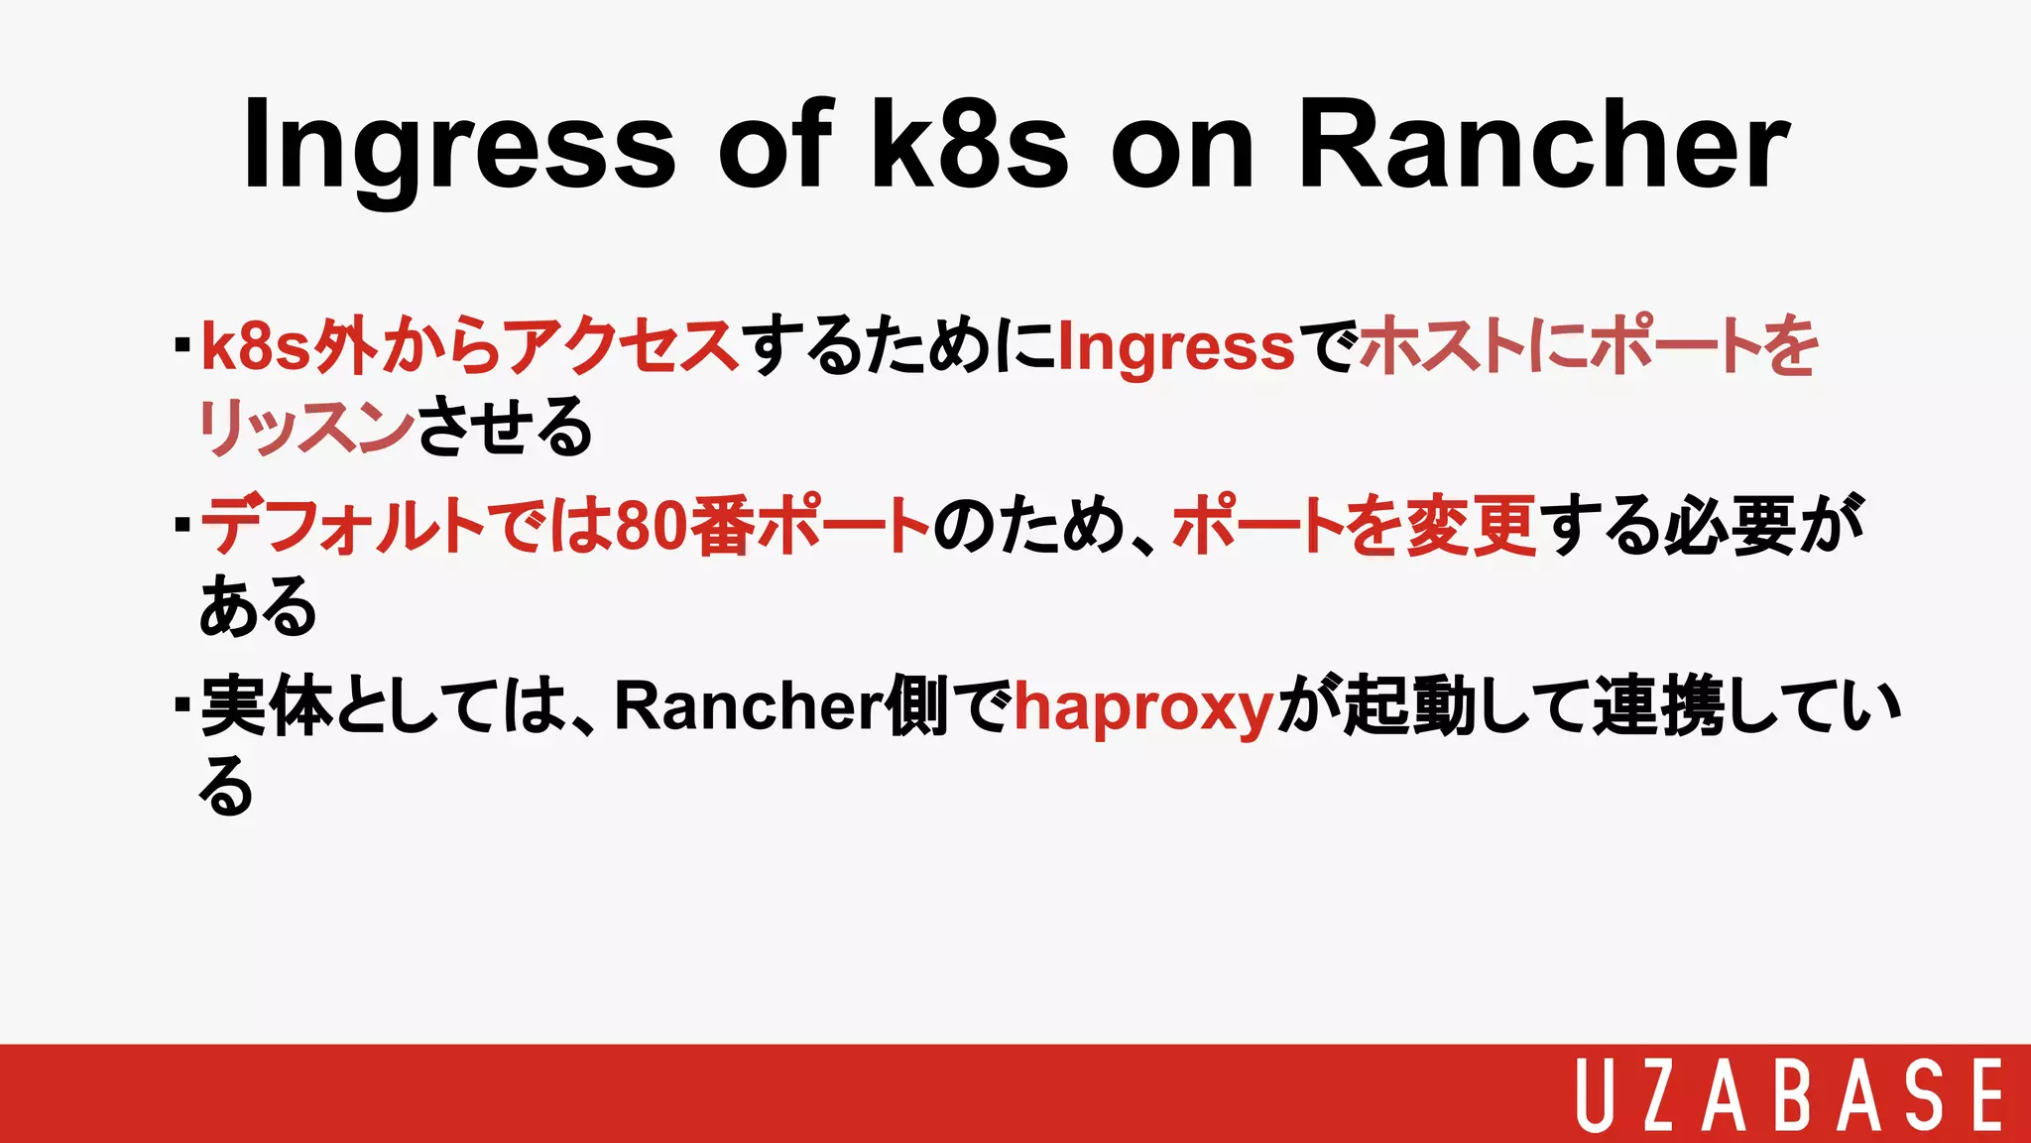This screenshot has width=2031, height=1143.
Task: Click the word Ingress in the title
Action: pyautogui.click(x=459, y=147)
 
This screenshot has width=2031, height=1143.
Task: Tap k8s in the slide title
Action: pyautogui.click(x=970, y=145)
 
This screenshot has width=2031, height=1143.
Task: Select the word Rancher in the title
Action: pyautogui.click(x=1543, y=145)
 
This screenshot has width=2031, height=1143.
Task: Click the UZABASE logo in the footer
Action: pyautogui.click(x=1789, y=1095)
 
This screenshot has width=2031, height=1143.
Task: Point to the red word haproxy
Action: pyautogui.click(x=1142, y=708)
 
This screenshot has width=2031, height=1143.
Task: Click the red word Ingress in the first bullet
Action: pyautogui.click(x=1176, y=347)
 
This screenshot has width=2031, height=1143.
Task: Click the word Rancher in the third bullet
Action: pyautogui.click(x=749, y=706)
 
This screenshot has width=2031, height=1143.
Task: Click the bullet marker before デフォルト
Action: pyautogui.click(x=181, y=524)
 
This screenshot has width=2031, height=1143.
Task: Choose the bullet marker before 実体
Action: pyautogui.click(x=181, y=704)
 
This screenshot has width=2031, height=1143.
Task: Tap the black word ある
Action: pyautogui.click(x=258, y=606)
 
